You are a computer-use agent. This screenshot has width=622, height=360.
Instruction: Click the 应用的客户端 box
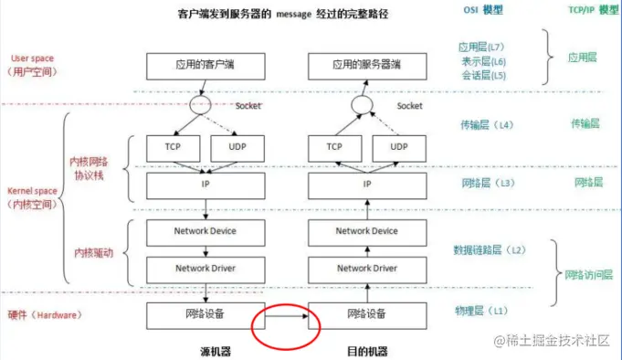pos(204,66)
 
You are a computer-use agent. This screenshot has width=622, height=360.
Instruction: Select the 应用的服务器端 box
pos(366,66)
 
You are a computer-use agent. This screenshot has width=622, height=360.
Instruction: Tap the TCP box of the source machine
pos(171,146)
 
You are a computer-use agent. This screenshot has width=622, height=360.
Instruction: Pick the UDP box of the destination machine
pos(398,146)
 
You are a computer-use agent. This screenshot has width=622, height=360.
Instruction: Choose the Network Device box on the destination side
pos(366,231)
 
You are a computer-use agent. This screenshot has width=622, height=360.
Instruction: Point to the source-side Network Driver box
pos(204,269)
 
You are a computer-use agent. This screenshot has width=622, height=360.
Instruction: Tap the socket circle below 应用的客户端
pos(200,105)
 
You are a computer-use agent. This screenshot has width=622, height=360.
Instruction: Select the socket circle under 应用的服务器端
pos(362,105)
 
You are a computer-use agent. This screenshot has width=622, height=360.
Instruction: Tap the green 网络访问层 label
pos(588,274)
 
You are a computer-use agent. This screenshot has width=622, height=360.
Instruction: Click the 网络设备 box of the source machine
pos(204,314)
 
